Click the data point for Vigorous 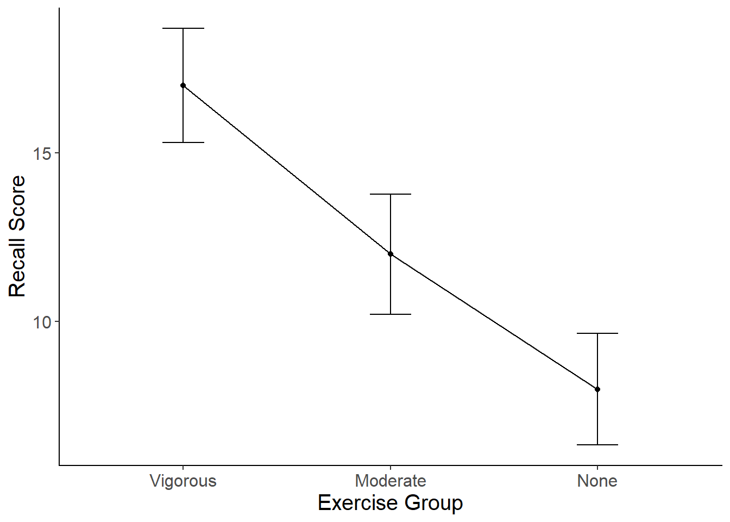coord(183,85)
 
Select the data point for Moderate coord(391,254)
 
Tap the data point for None coord(597,389)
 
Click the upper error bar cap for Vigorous coord(183,28)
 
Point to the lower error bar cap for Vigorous coord(183,142)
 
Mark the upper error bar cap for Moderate coord(391,194)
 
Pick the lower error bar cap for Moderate coord(391,314)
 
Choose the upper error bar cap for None coord(597,333)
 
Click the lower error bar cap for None coord(597,445)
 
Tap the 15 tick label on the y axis coord(42,154)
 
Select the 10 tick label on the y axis coord(42,322)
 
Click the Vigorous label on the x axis coord(183,481)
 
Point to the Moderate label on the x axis coord(391,481)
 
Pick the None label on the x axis coord(597,481)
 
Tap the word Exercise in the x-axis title coord(359,503)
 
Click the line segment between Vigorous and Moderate coord(287,170)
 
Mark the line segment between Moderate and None coord(494,322)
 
